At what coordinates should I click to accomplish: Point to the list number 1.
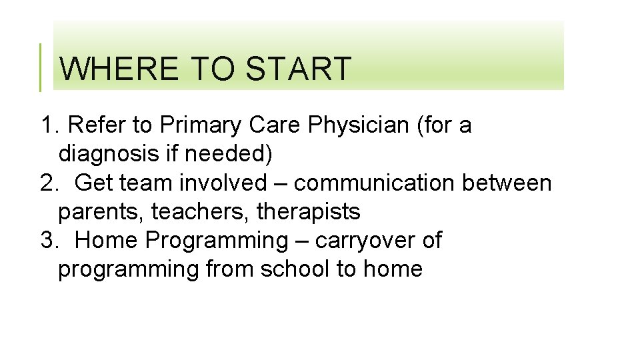[48, 125]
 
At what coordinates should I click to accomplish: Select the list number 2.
[48, 183]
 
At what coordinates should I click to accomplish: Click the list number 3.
[48, 240]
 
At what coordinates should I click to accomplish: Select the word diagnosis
[107, 154]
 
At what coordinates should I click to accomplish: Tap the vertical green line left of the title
[40, 67]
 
